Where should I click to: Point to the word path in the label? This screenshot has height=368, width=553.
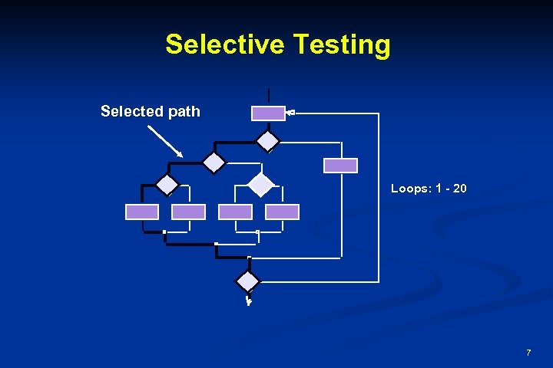pyautogui.click(x=184, y=112)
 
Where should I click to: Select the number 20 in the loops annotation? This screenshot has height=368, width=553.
pyautogui.click(x=459, y=188)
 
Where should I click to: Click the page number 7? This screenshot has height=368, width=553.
pyautogui.click(x=528, y=353)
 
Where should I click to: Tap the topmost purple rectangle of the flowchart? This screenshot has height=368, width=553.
pyautogui.click(x=268, y=113)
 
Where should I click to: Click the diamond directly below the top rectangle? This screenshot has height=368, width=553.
pyautogui.click(x=268, y=141)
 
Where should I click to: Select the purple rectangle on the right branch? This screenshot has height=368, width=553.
pyautogui.click(x=340, y=165)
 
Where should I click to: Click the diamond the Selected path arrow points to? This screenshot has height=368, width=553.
pyautogui.click(x=214, y=163)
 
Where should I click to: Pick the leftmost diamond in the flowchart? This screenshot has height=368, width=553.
pyautogui.click(x=167, y=185)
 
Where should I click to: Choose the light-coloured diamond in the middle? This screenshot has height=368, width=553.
pyautogui.click(x=261, y=185)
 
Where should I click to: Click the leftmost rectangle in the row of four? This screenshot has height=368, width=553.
pyautogui.click(x=142, y=212)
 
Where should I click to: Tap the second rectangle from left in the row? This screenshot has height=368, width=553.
pyautogui.click(x=189, y=212)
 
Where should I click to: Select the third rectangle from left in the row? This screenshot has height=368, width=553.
pyautogui.click(x=235, y=212)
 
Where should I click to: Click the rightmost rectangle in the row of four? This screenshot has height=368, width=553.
pyautogui.click(x=282, y=212)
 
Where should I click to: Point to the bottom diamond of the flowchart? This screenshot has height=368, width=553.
pyautogui.click(x=248, y=281)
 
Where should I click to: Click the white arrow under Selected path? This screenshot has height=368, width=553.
pyautogui.click(x=165, y=142)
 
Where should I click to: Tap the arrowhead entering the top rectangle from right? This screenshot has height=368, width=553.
pyautogui.click(x=290, y=113)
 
